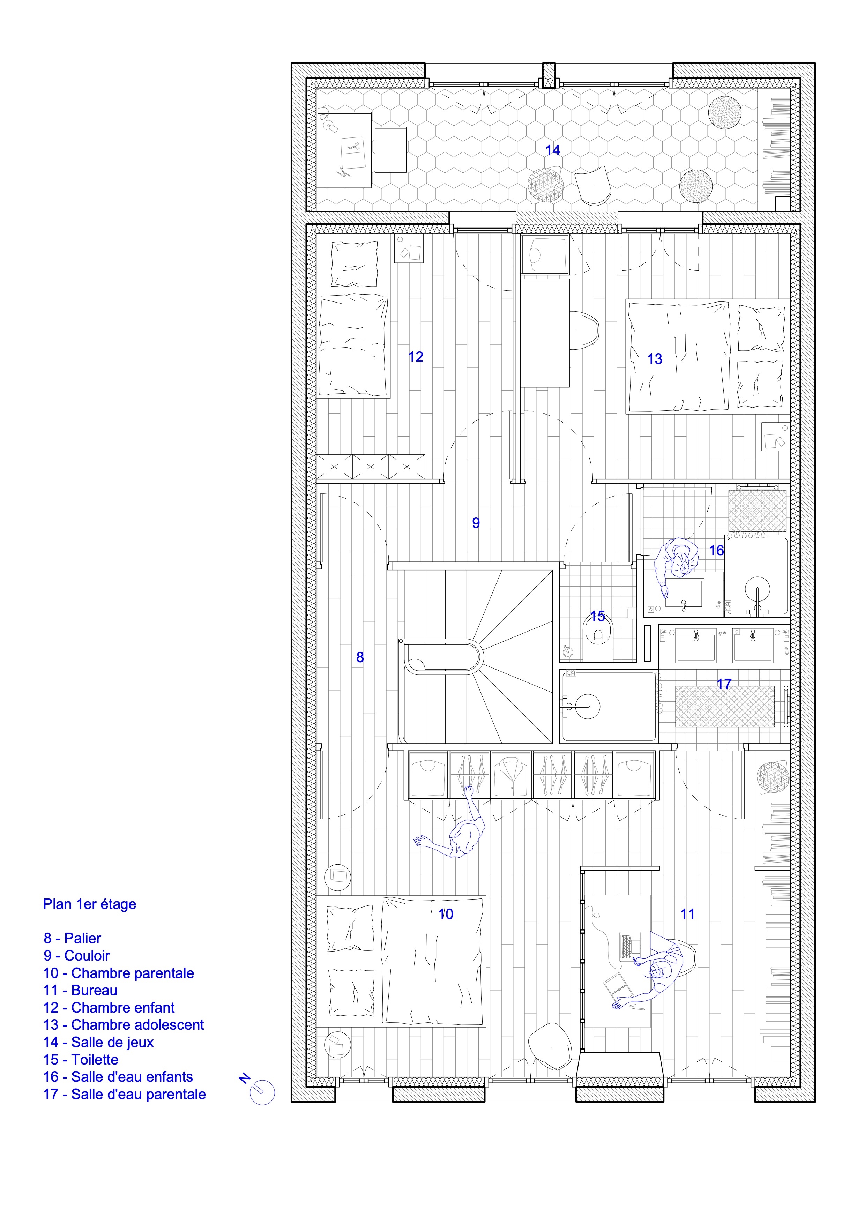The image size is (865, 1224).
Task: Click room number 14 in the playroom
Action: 553,150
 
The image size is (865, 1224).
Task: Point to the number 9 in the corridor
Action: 476,523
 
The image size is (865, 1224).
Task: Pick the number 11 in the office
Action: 687,914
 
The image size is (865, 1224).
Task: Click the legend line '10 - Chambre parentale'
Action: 118,973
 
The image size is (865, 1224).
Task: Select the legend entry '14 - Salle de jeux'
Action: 99,1042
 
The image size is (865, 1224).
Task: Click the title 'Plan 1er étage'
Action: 90,904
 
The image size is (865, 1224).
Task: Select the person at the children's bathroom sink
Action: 675,565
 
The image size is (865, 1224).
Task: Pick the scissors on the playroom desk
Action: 354,145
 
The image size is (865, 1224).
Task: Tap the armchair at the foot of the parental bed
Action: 550,1046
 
